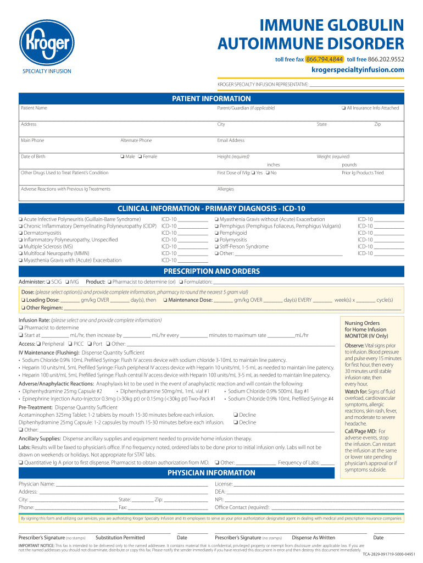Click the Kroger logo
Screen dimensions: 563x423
coord(47,42)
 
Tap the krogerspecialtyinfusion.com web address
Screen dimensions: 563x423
coord(358,70)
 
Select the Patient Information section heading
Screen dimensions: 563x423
coord(211,99)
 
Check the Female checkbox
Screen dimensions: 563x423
coord(140,157)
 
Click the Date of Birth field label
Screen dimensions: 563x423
coord(33,157)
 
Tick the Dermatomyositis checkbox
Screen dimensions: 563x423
coord(20,233)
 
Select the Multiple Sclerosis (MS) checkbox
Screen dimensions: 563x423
coord(20,247)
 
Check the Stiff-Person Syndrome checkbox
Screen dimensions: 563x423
coord(216,247)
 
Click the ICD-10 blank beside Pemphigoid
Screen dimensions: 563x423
coord(389,233)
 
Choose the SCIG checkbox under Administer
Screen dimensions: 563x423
coord(48,282)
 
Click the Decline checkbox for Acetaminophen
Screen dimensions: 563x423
coord(235,415)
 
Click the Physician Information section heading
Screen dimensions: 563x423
coord(211,473)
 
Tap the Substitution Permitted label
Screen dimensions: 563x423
coord(120,538)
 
